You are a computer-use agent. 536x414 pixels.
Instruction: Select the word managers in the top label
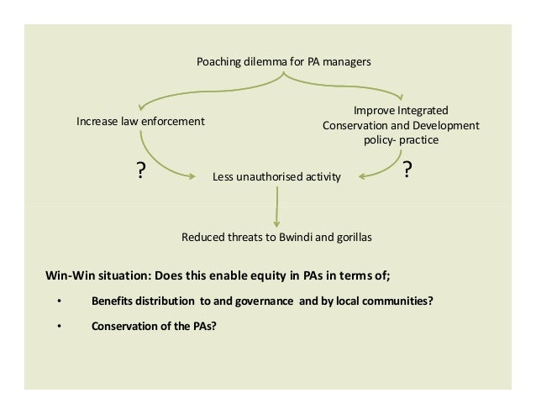[x=346, y=62]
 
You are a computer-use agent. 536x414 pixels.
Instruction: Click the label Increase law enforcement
[x=140, y=122]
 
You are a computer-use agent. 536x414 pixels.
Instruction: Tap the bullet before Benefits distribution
[x=59, y=302]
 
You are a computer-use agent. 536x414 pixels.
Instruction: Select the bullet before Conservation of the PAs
[x=59, y=328]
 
